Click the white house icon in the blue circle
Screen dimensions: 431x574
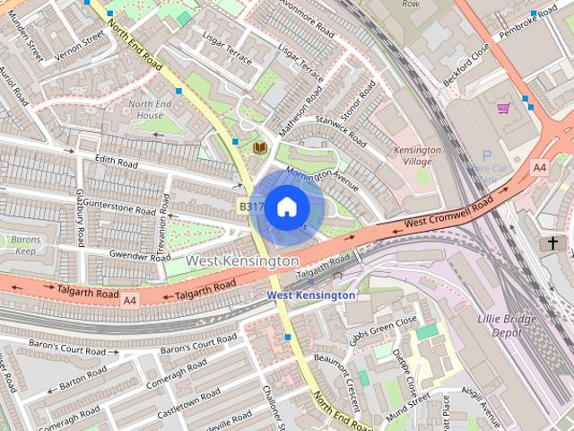click(x=286, y=207)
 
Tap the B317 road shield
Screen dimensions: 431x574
click(x=250, y=207)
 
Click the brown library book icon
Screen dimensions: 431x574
click(x=260, y=147)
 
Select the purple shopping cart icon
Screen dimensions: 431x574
click(x=504, y=109)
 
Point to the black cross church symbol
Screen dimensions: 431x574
click(x=552, y=243)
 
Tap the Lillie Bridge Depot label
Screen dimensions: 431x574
click(x=506, y=324)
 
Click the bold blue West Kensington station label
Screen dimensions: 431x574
click(x=311, y=295)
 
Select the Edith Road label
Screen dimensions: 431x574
click(x=117, y=164)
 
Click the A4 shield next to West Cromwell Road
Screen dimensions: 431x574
click(x=539, y=167)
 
